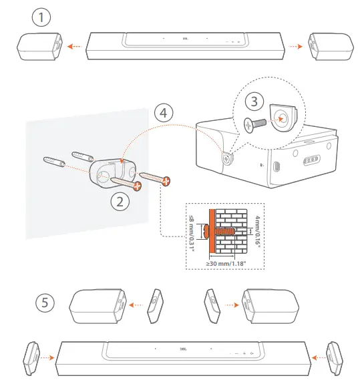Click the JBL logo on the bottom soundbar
tap(182, 348)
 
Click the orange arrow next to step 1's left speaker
tap(77, 47)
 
